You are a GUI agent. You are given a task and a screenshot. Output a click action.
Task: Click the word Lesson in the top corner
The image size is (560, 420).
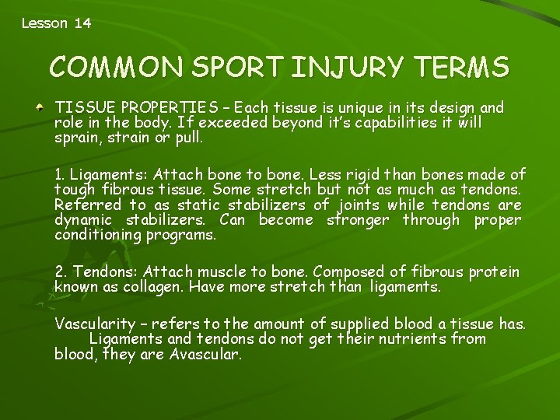[44, 23]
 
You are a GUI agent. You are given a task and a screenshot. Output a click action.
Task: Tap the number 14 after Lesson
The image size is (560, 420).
[82, 23]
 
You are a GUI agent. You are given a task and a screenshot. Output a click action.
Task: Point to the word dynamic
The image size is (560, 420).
[82, 220]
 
